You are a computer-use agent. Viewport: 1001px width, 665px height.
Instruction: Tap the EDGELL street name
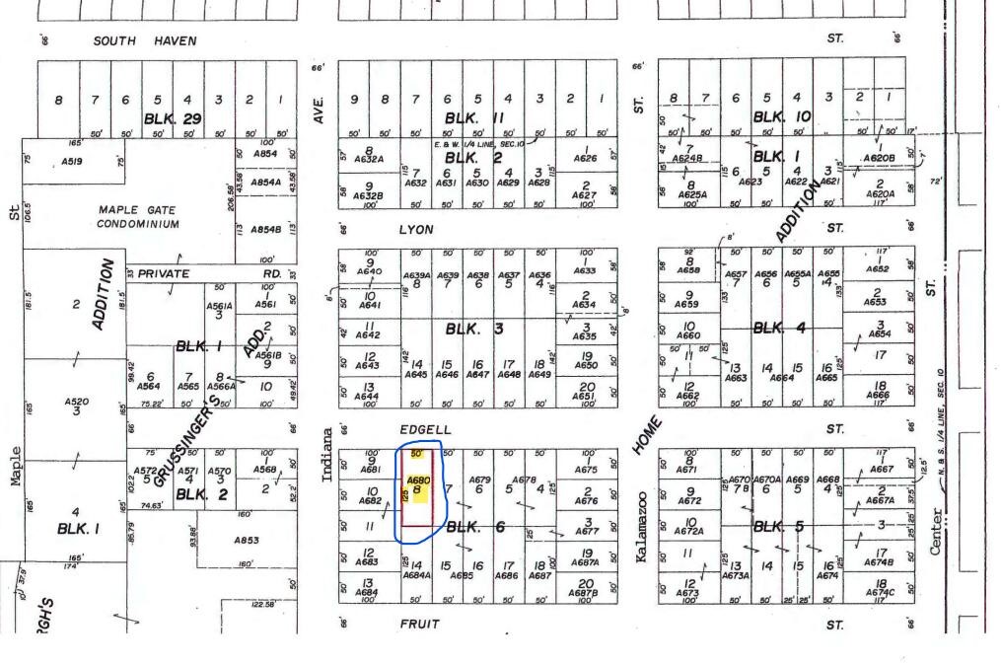(x=425, y=429)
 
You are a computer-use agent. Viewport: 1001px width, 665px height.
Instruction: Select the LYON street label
(x=415, y=229)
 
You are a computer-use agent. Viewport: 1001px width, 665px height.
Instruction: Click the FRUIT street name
(x=418, y=624)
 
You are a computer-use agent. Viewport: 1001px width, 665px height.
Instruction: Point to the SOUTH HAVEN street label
(x=145, y=41)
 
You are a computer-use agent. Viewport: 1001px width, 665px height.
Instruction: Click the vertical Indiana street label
(x=328, y=455)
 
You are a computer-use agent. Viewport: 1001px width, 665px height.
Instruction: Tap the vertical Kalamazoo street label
(x=642, y=528)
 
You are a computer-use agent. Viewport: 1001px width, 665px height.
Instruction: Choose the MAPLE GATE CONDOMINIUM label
(x=139, y=216)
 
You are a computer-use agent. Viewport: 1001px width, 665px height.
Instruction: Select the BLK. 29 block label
(x=173, y=117)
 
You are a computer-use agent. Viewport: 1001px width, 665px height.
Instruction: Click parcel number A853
(x=248, y=540)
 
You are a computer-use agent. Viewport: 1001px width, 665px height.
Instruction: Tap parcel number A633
(x=585, y=270)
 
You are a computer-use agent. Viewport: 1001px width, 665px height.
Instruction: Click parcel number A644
(x=367, y=397)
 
